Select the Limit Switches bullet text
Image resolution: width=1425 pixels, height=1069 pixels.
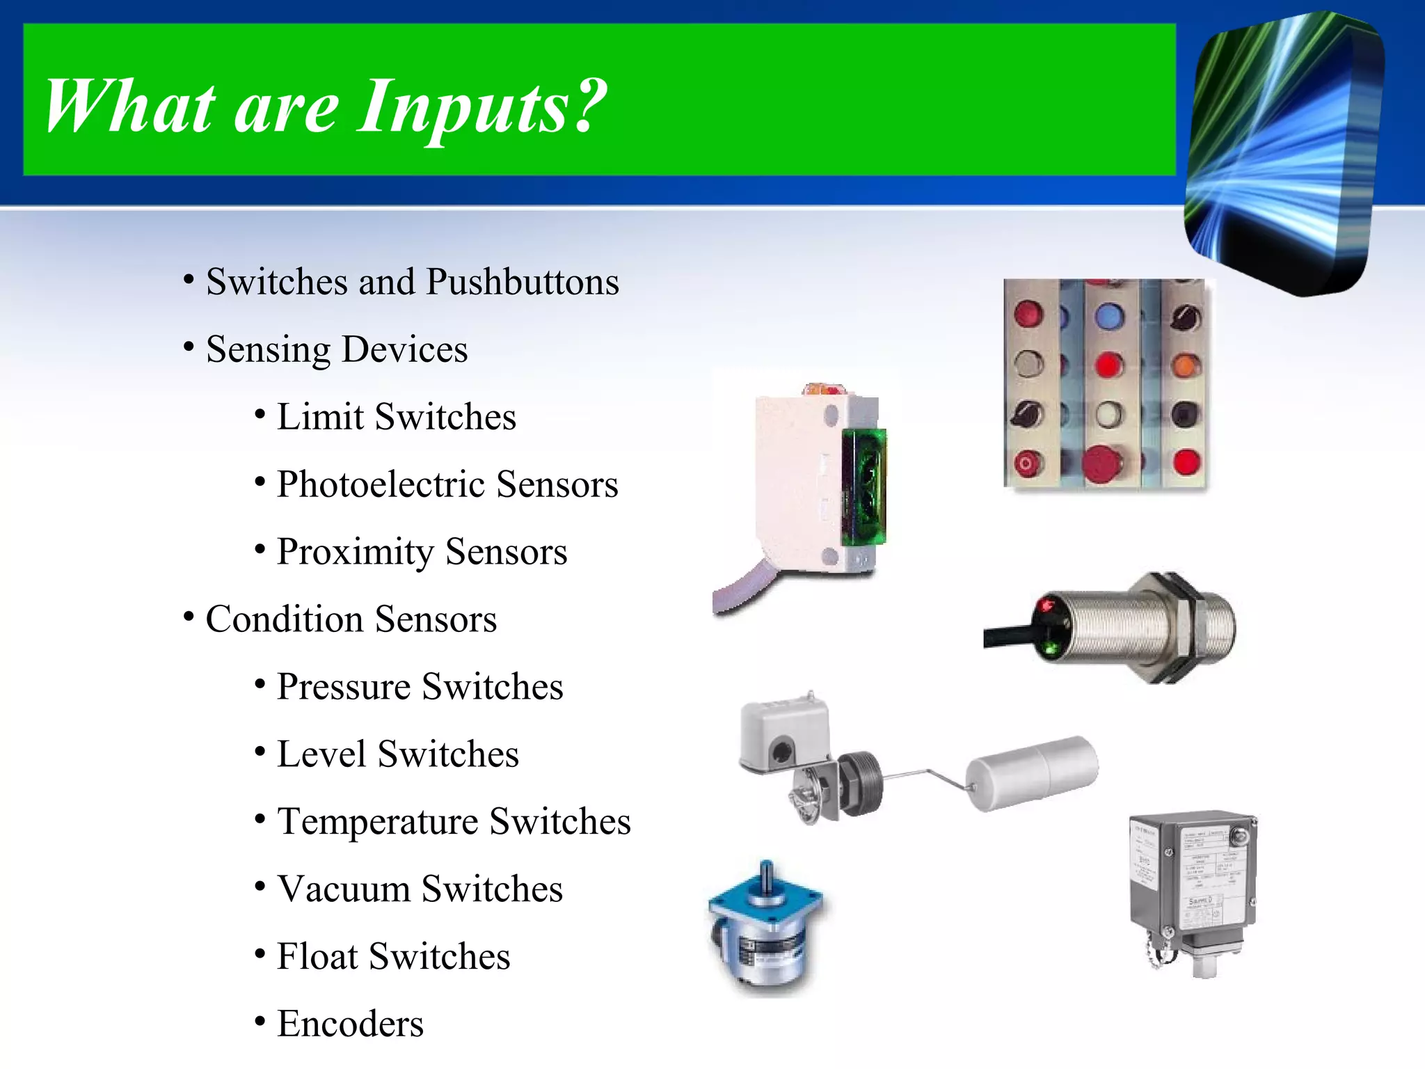(396, 417)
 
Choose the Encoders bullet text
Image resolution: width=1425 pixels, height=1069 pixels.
(350, 1024)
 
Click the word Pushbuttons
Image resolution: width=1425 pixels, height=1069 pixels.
(522, 282)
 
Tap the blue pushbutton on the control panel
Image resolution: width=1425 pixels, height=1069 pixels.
(1109, 317)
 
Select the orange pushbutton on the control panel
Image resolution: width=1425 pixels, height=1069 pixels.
(1186, 365)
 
